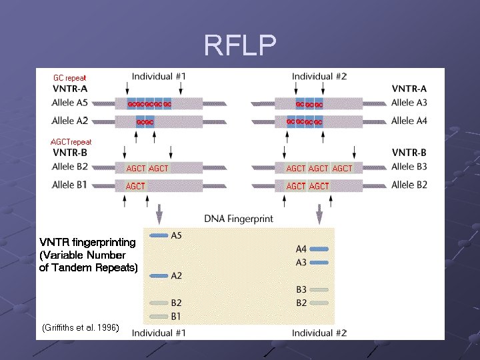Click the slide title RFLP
coord(239,46)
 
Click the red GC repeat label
coord(70,78)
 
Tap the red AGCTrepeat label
coord(71,142)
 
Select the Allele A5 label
coord(70,103)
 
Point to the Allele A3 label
coord(409,103)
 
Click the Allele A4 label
coord(409,121)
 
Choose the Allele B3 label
coord(409,167)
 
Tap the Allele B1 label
coord(69,185)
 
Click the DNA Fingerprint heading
coord(238,219)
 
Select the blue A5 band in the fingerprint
coord(159,235)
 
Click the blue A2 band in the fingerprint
coord(159,275)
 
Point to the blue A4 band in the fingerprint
coord(320,249)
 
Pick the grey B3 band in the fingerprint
coord(320,289)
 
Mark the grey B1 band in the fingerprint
coord(159,316)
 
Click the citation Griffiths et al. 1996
coord(80,327)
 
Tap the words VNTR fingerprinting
coord(87,242)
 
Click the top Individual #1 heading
coord(159,77)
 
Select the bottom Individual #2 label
coord(319,333)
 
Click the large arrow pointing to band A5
coord(159,215)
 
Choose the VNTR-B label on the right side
coord(409,153)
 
